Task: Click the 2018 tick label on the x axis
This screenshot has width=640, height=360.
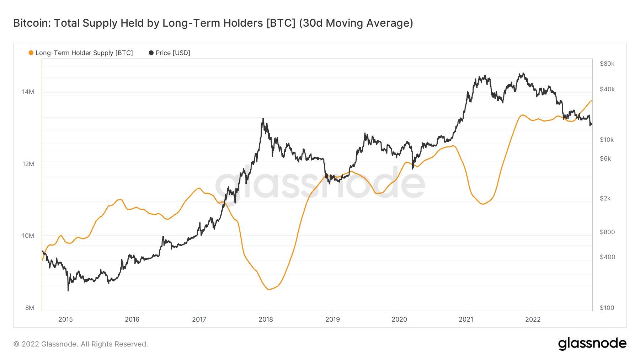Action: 266,319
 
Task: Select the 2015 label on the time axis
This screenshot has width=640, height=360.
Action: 65,319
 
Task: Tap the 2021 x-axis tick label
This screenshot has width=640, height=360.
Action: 466,319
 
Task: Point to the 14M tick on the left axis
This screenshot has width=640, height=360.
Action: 28,92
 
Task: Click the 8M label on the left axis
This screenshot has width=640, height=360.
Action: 30,308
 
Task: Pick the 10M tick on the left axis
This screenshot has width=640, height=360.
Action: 28,236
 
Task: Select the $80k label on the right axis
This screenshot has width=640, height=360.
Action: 607,64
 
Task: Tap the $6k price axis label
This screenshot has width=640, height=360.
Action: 605,158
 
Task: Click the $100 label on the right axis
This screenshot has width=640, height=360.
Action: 607,308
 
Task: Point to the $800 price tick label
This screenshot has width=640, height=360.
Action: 607,232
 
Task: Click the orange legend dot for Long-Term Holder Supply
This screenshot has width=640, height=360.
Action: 31,53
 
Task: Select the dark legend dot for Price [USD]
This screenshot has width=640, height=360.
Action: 151,53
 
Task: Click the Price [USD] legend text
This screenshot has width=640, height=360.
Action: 173,53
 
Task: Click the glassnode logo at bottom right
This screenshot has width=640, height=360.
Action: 592,344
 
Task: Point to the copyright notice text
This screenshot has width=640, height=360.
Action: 81,344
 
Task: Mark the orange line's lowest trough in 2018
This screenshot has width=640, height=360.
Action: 269,290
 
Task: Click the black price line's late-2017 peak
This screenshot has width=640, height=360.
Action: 263,118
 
